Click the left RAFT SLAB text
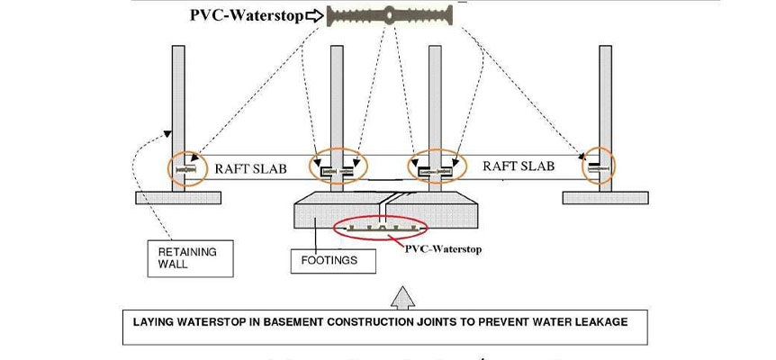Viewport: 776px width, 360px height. (244, 166)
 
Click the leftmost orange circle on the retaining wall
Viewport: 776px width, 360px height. (186, 167)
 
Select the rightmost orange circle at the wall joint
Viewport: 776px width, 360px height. (599, 166)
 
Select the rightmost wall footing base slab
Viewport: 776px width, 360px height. (609, 197)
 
